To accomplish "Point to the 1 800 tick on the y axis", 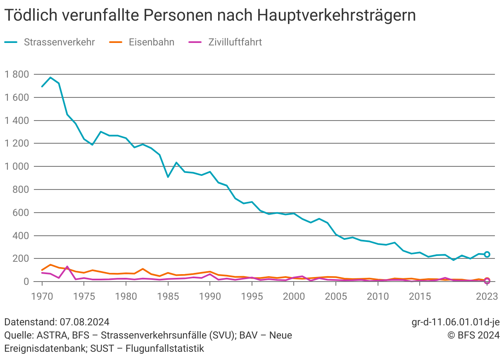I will [17, 75].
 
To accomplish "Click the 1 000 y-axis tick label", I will [17, 167].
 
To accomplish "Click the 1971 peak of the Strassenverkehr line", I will [50, 77].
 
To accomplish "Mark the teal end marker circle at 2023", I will [487, 254].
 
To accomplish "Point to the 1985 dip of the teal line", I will [168, 177].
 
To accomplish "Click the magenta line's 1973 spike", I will [67, 267].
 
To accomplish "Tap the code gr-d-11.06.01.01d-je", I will [456, 322].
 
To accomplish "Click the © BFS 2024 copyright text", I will [473, 335].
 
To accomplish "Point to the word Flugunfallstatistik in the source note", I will [165, 348].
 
